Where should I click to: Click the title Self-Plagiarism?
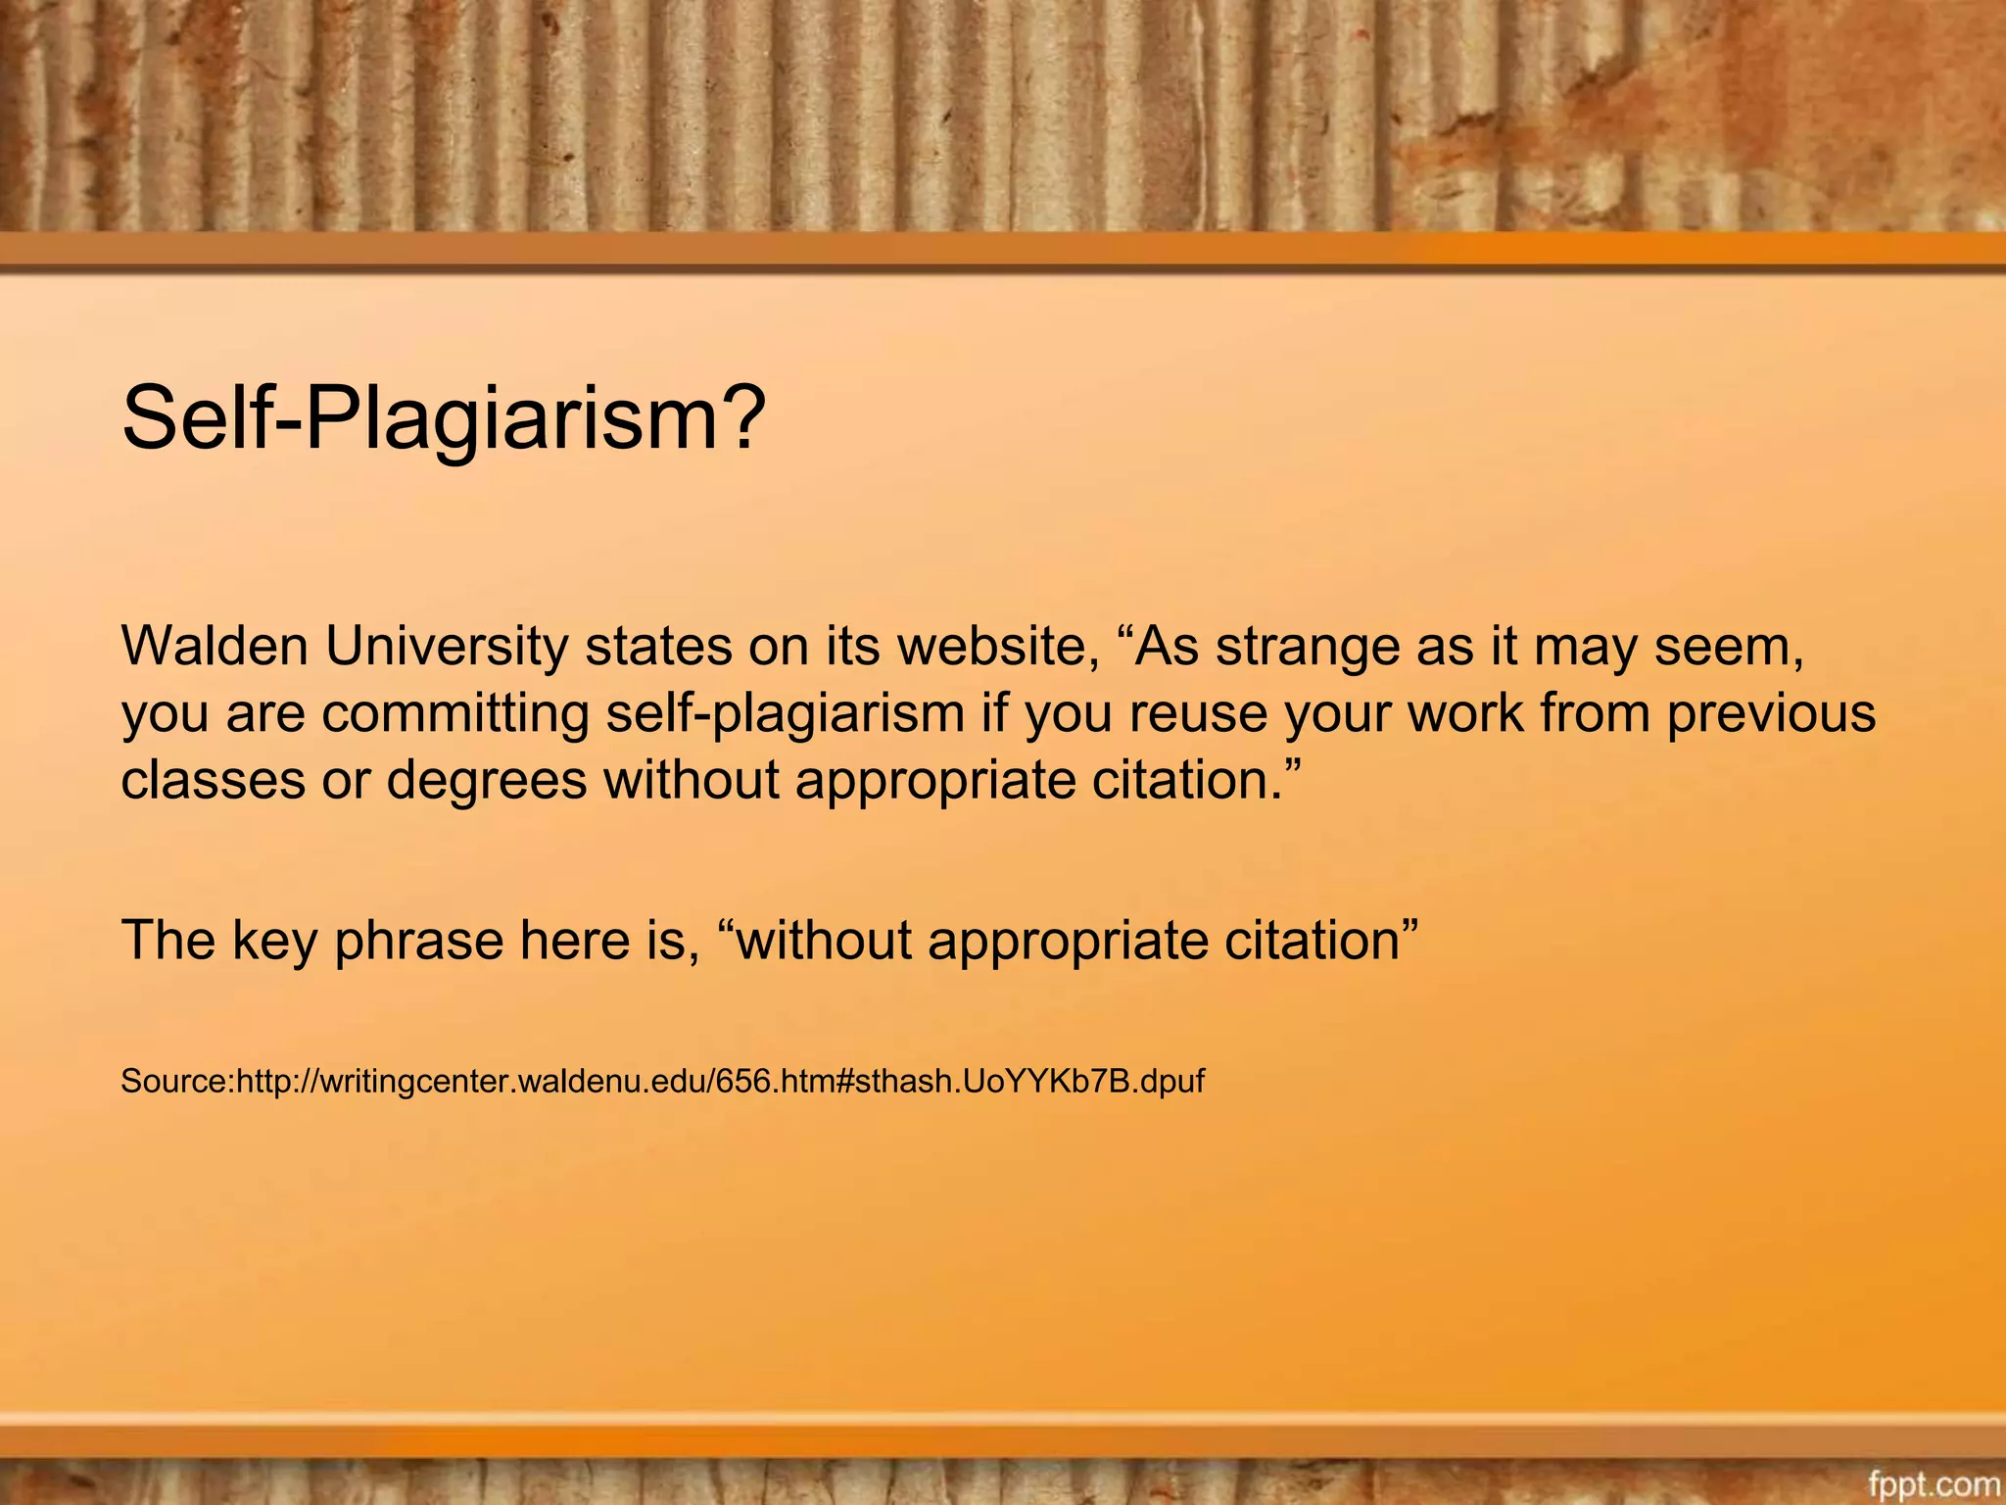tap(443, 419)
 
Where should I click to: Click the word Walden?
tap(215, 647)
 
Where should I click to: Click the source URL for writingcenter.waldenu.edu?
tap(720, 1081)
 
